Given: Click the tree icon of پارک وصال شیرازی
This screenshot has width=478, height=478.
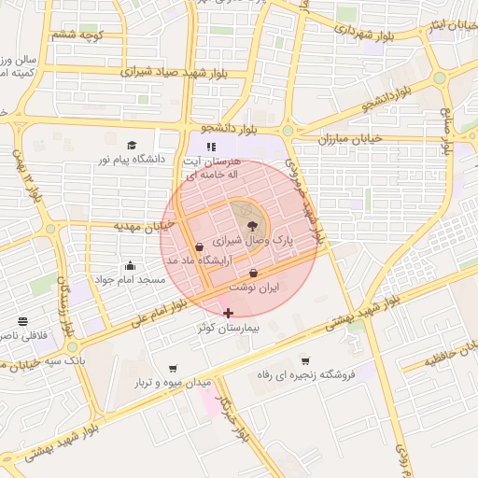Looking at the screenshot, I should tap(250, 224).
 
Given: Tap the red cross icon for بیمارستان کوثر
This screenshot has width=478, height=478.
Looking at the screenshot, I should tap(229, 313).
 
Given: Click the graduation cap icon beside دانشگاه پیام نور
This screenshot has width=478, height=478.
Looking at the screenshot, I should tap(132, 145).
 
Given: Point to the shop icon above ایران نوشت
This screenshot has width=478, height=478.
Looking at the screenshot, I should tap(253, 274).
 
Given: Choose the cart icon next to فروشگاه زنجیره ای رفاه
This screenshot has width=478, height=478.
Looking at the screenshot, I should tap(305, 361).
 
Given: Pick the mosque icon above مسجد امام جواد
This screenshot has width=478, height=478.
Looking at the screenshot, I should tap(129, 265).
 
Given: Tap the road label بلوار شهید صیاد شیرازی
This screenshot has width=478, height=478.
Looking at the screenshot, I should tap(168, 70).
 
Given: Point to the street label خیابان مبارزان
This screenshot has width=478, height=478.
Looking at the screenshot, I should tap(352, 138).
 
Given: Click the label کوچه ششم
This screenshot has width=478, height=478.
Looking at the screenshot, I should tap(76, 35).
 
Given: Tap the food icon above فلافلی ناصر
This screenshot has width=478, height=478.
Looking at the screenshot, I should tap(22, 321).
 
